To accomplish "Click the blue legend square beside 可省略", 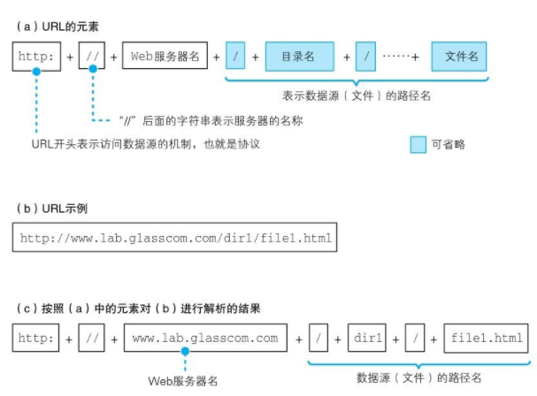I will tap(419, 142).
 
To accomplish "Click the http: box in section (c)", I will tap(35, 338).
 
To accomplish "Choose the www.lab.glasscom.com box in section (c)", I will tap(204, 338).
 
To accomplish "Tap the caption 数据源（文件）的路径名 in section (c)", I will tap(418, 377).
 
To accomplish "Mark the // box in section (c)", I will tap(92, 338).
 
